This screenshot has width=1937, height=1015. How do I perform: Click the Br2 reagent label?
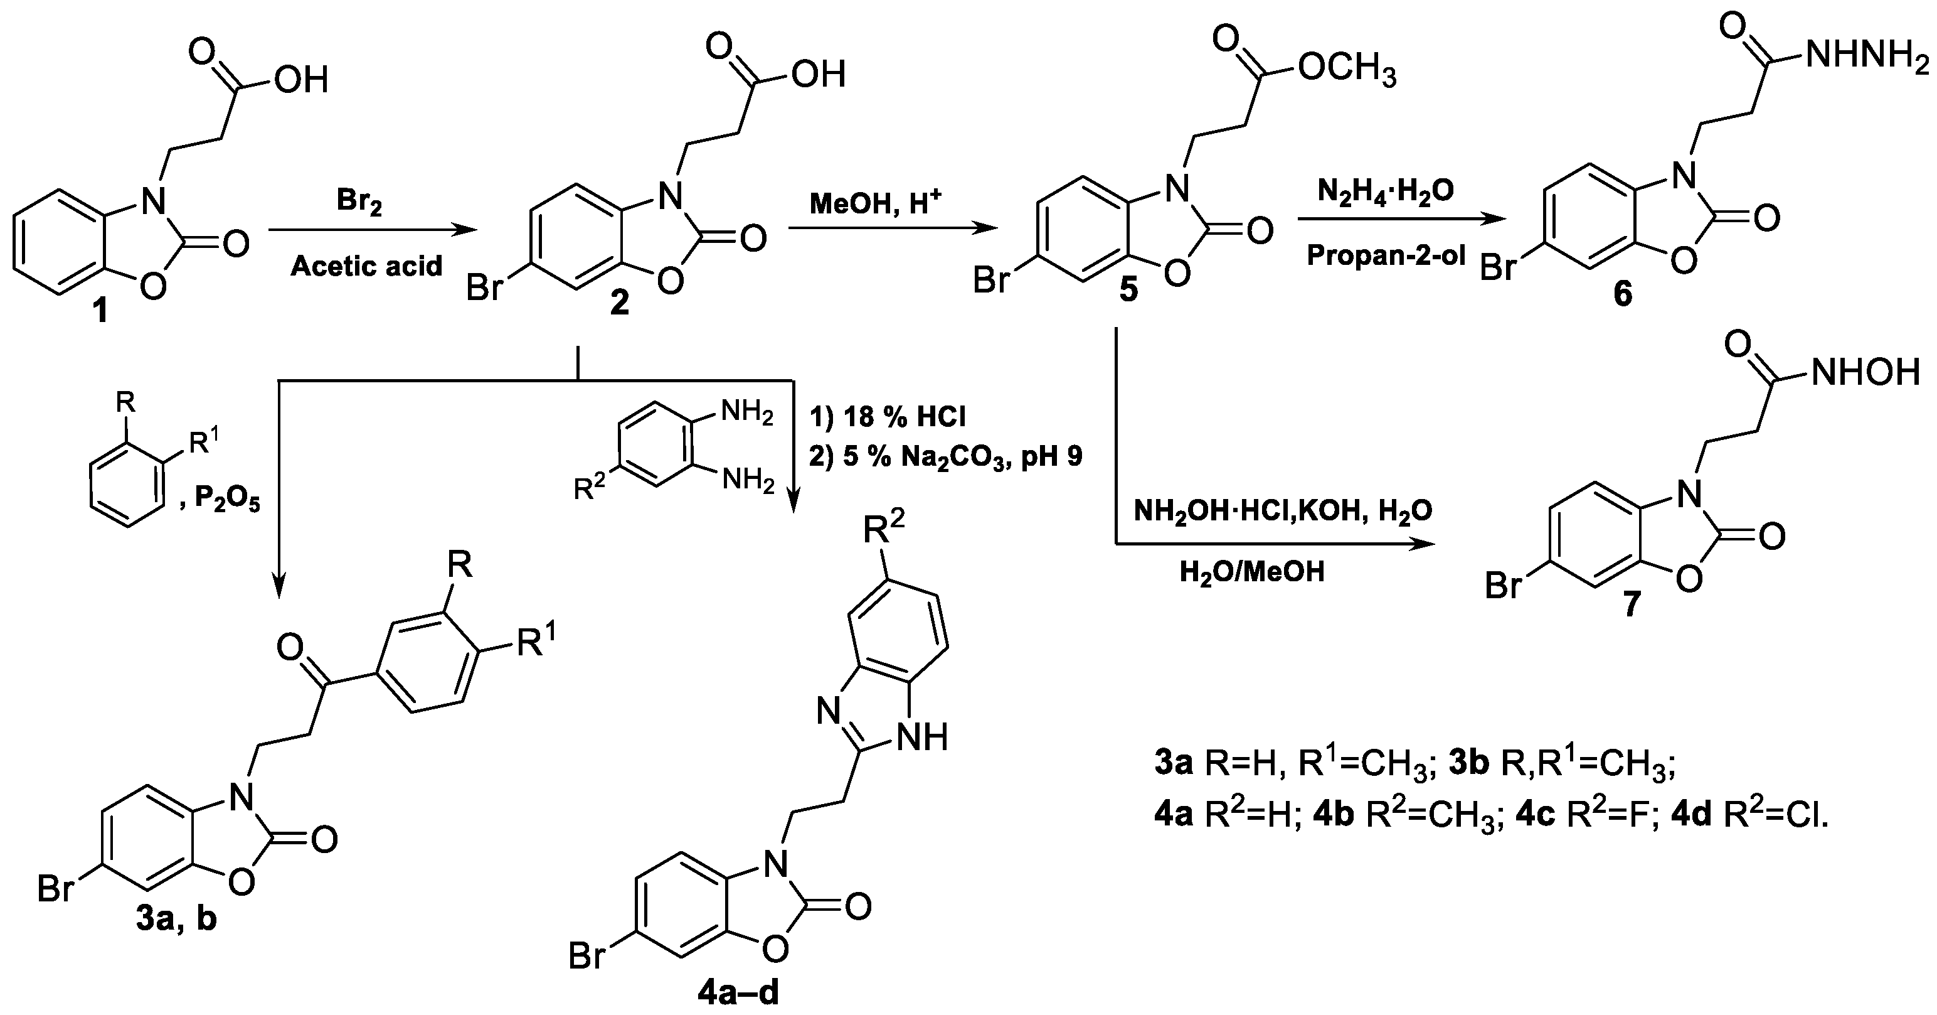click(359, 202)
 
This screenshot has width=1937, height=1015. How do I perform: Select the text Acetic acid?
click(366, 266)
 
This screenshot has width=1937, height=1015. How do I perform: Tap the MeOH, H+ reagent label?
click(874, 203)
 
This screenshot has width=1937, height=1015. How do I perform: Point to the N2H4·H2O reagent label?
click(1385, 192)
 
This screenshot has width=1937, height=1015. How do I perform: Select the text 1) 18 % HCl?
click(888, 416)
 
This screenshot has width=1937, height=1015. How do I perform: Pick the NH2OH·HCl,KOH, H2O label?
click(1283, 512)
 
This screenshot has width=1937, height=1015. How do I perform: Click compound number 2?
click(619, 303)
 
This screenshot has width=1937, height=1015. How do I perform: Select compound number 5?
click(1128, 291)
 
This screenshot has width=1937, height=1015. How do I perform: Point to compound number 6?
click(1623, 294)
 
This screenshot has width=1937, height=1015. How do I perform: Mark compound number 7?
click(1630, 604)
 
